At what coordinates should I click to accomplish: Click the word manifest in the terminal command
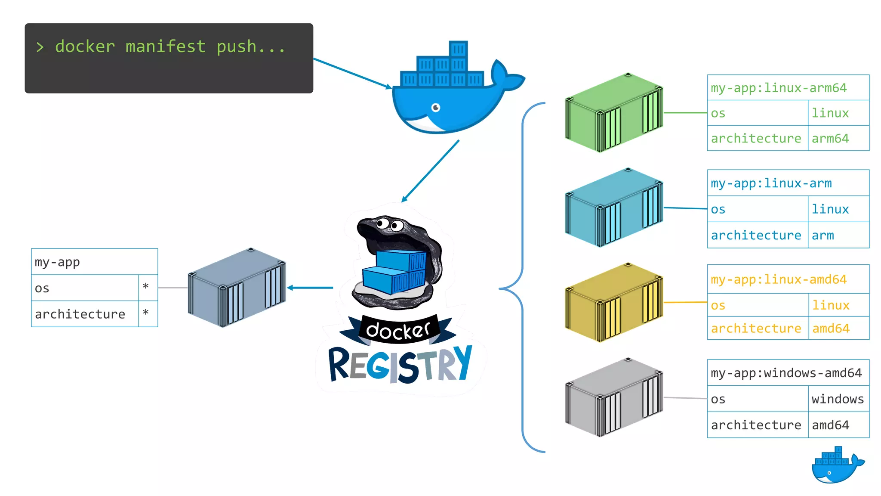pos(166,46)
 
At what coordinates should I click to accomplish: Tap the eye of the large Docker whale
pos(436,107)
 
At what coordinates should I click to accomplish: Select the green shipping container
pos(614,113)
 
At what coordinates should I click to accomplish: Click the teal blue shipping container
pos(614,208)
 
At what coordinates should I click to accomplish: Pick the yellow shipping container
pos(614,302)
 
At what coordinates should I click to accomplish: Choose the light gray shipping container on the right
pos(614,397)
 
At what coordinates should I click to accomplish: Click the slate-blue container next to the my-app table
pos(237,288)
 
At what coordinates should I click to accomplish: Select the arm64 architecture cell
pos(830,139)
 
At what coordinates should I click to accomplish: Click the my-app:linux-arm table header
pos(771,183)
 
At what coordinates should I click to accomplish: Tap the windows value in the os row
pos(838,399)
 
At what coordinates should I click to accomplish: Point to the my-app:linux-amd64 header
pos(779,279)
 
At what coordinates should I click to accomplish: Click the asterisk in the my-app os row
pos(146,287)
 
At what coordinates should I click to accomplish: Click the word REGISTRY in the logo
pos(400,365)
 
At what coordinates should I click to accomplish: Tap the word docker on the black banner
pos(397,330)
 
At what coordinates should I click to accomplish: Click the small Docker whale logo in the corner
pos(837,466)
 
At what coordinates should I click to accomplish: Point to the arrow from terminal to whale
pos(352,73)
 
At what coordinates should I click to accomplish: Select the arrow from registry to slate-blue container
pos(311,288)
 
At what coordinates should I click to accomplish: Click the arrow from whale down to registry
pos(430,171)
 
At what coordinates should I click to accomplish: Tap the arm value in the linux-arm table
pos(822,236)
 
